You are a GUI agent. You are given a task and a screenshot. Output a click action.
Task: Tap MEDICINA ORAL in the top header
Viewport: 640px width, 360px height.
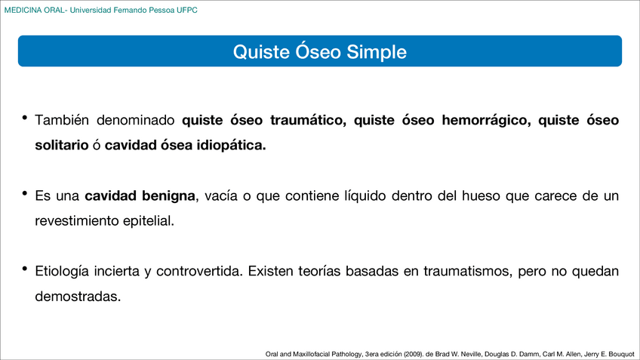pyautogui.click(x=35, y=11)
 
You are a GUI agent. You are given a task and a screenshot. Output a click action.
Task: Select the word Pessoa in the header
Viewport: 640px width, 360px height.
pyautogui.click(x=156, y=11)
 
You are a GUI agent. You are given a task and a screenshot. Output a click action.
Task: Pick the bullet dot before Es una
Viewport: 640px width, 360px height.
pyautogui.click(x=25, y=195)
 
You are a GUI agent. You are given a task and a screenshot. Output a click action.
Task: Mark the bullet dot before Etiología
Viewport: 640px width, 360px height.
pyautogui.click(x=25, y=269)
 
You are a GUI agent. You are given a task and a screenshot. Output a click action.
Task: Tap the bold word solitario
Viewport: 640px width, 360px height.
pyautogui.click(x=61, y=146)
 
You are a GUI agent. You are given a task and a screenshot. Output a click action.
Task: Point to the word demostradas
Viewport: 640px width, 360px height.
pyautogui.click(x=78, y=297)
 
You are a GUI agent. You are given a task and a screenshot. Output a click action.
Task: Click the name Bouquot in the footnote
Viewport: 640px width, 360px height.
pyautogui.click(x=619, y=352)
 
